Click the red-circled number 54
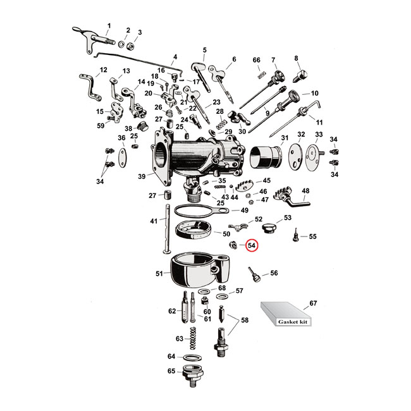252,245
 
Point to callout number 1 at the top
108,25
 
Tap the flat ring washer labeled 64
195,357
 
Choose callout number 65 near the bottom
171,371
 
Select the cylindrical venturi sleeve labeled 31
267,159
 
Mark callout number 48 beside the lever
305,190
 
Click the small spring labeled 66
258,76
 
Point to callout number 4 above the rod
175,56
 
